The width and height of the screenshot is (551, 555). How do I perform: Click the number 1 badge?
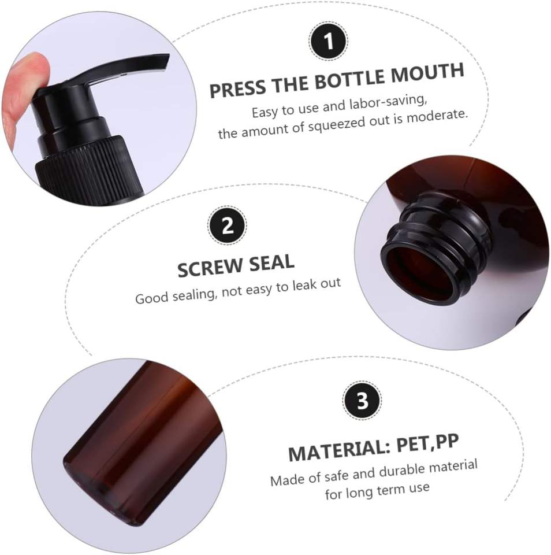tap(329, 40)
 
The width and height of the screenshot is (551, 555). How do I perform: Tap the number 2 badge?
tap(227, 225)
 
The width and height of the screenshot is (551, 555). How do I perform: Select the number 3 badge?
tap(362, 401)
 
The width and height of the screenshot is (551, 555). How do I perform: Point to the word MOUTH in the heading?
tap(427, 73)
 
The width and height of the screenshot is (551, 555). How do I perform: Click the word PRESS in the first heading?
tap(237, 88)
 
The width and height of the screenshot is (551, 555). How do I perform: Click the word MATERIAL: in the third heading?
tap(339, 450)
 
